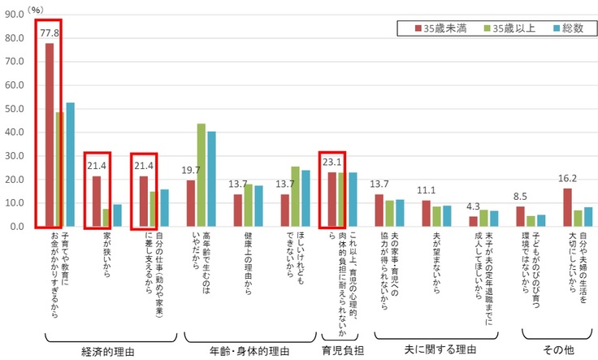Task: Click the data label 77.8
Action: (x=50, y=33)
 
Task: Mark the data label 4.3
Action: (x=474, y=206)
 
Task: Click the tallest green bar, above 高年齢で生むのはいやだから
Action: (x=201, y=175)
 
